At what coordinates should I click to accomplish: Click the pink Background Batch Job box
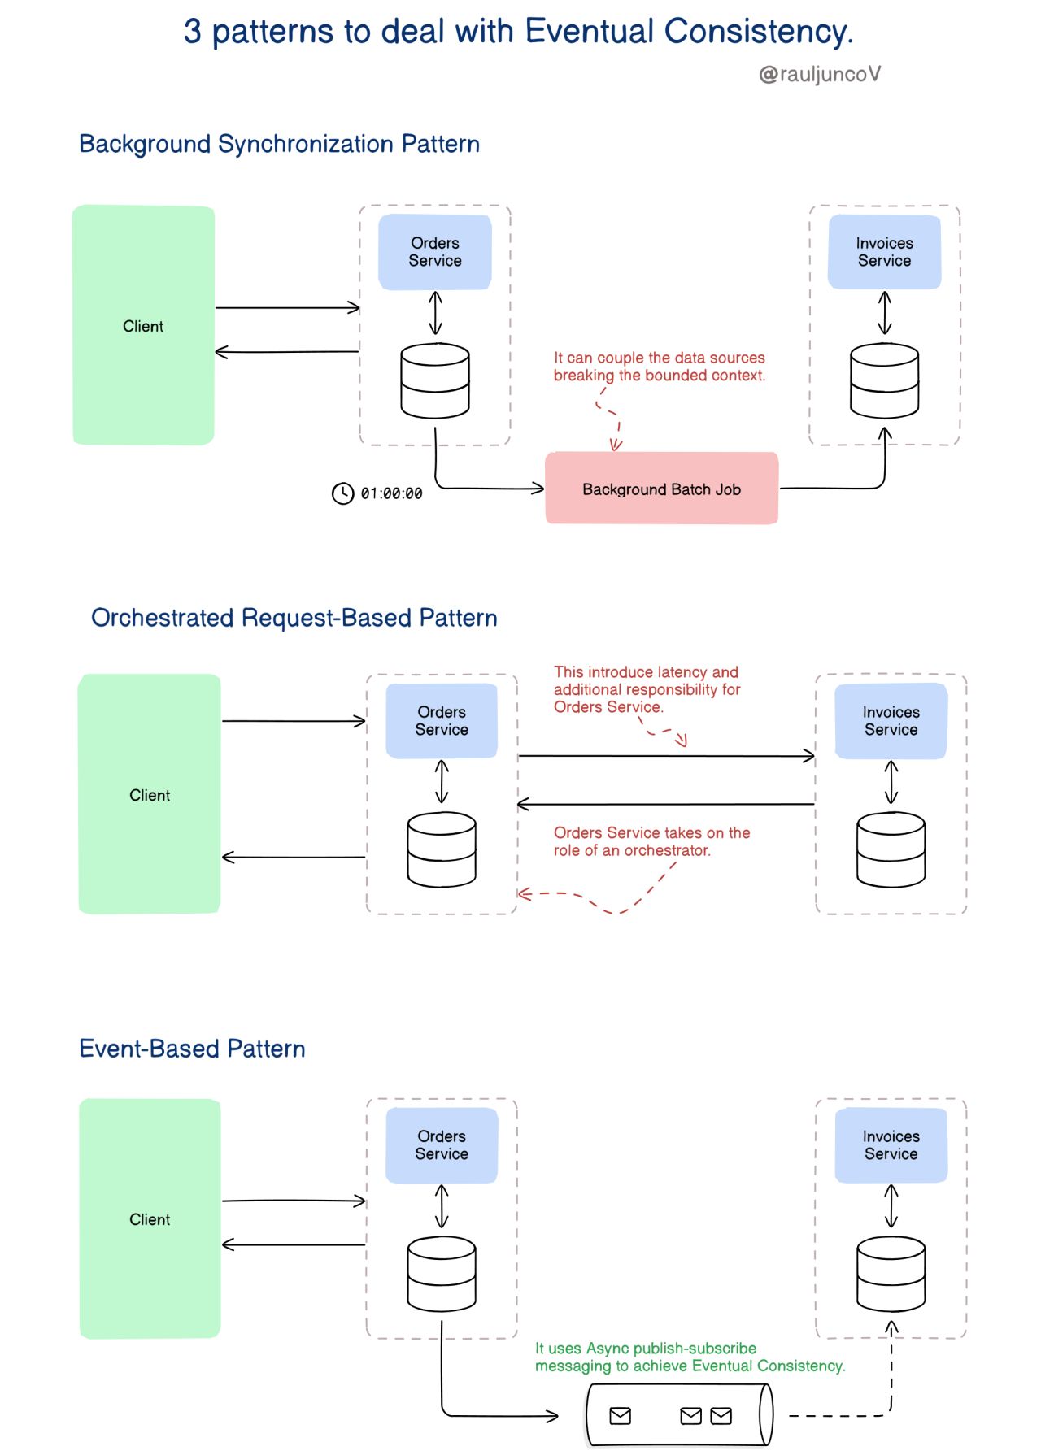click(661, 489)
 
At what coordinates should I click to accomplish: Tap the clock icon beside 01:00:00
click(342, 493)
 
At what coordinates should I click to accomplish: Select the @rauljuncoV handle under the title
click(819, 75)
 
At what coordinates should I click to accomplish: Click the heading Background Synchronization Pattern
click(279, 145)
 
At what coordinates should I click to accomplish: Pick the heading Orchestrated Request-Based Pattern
click(294, 619)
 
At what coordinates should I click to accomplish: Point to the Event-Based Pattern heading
click(192, 1049)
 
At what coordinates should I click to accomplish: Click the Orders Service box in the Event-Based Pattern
click(442, 1145)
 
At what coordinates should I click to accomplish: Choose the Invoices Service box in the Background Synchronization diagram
click(884, 252)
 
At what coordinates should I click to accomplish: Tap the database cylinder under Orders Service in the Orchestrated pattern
click(442, 849)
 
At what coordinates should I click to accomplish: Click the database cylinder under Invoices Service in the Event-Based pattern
click(891, 1274)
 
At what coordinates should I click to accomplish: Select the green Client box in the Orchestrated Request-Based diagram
click(150, 794)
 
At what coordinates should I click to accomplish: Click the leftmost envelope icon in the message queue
click(620, 1416)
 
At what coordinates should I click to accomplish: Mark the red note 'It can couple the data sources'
click(659, 367)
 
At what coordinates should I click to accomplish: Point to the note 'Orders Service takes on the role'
click(651, 841)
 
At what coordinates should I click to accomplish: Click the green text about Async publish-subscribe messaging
click(690, 1357)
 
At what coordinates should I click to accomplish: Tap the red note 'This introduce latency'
click(647, 689)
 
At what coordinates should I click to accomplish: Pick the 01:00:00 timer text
click(391, 493)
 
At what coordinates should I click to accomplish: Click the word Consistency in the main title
click(757, 32)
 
